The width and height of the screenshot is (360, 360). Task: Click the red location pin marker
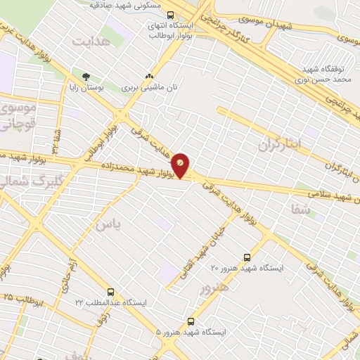[181, 165]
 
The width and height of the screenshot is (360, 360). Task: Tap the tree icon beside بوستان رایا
[86, 77]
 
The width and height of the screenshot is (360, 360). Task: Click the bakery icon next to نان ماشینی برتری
[148, 77]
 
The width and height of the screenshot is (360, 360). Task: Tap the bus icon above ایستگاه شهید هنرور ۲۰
[246, 257]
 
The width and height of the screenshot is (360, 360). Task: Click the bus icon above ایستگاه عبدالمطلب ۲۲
[110, 292]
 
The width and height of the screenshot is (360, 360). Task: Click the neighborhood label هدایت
[91, 42]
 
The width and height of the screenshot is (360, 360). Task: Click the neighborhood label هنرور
[214, 289]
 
